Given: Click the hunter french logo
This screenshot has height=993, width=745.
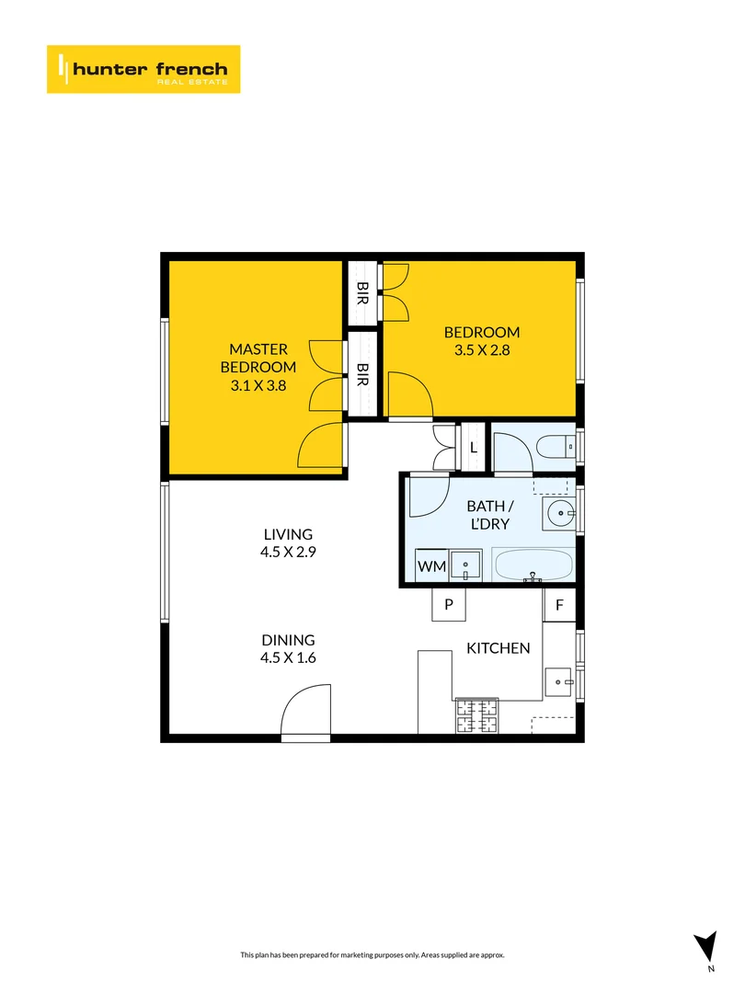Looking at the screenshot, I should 143,69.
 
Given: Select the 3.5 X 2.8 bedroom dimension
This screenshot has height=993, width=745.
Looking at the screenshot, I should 482,350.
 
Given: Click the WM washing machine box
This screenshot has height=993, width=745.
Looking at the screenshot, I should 432,566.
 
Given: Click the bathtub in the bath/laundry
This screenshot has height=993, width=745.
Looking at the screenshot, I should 533,565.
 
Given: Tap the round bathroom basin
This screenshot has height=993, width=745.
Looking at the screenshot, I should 558,511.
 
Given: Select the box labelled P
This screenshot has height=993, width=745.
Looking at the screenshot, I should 449,604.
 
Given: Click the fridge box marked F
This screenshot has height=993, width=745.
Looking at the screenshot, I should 558,606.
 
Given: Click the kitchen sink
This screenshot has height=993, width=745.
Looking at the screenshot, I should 558,681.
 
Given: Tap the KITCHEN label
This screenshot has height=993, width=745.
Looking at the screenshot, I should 499,648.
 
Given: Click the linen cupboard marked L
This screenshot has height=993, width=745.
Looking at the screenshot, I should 474,448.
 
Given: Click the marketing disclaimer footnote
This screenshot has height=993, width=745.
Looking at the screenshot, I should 372,955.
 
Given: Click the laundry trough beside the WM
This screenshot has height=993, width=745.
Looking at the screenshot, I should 467,565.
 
